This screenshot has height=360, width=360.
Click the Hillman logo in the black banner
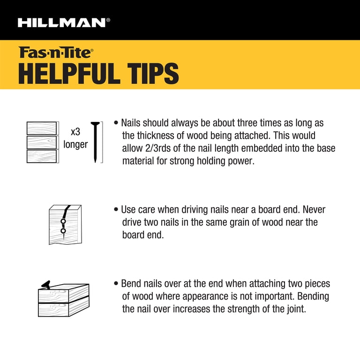coord(64,22)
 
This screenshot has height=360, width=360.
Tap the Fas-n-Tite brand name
coord(56,52)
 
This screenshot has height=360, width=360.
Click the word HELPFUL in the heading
coord(69,74)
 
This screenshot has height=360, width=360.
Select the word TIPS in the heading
coord(153,74)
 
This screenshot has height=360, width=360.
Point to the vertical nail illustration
coord(95,142)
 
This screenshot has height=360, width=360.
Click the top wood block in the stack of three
coord(42,128)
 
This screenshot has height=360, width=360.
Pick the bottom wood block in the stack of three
coord(42,156)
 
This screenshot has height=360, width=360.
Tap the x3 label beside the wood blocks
coord(75,132)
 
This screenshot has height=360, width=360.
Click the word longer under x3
coord(75,145)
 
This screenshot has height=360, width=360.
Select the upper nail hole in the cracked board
coord(63,221)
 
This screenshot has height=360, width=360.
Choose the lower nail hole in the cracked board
coord(63,231)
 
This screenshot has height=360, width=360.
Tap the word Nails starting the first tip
coord(131,123)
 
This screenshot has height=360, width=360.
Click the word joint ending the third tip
coord(296,309)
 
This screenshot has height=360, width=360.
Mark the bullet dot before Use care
coord(116,210)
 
